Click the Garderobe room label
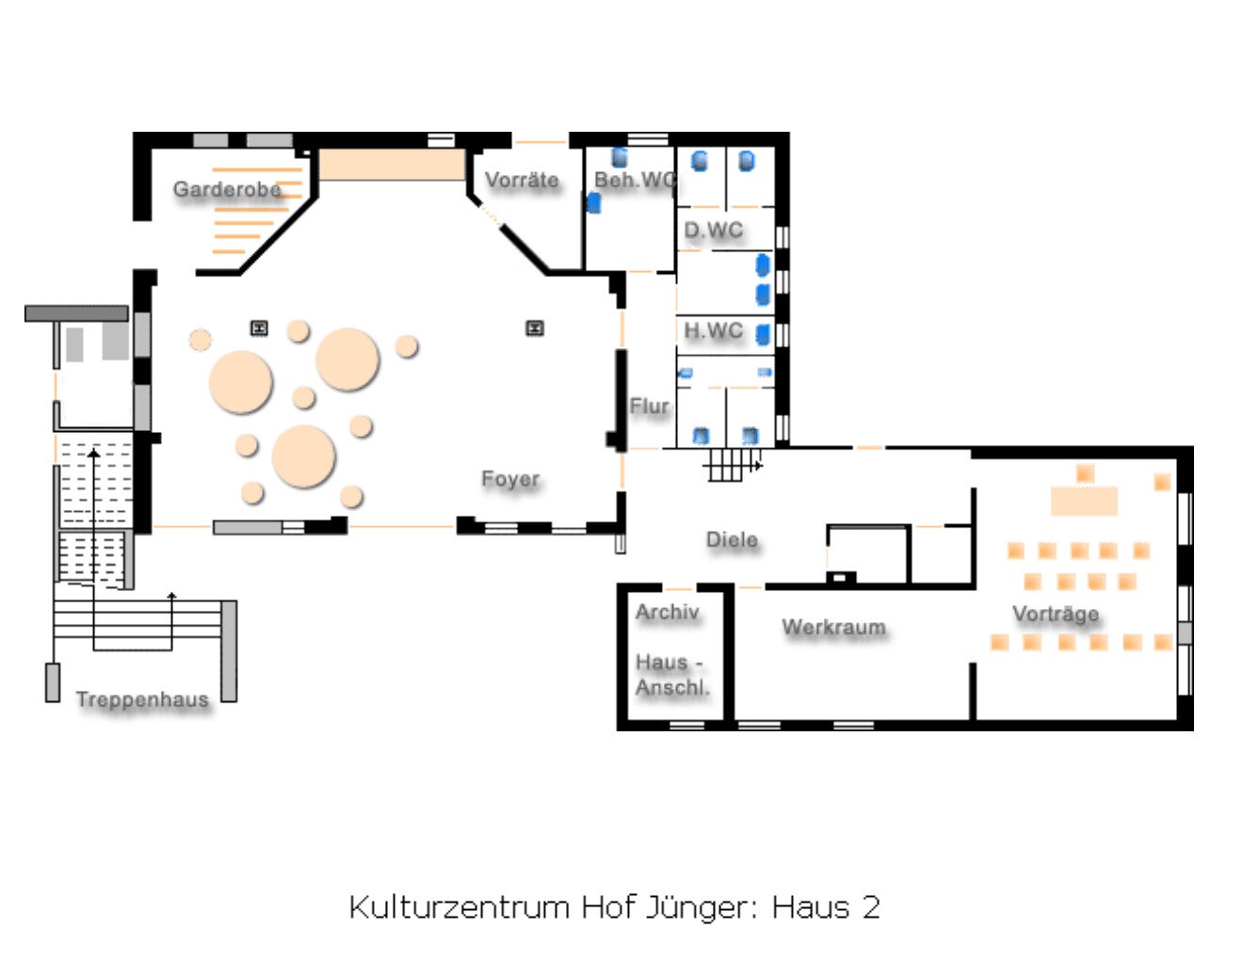pyautogui.click(x=227, y=189)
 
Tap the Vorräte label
pyautogui.click(x=522, y=180)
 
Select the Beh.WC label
pyautogui.click(x=635, y=180)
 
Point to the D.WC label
pyautogui.click(x=713, y=230)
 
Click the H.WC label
pyautogui.click(x=713, y=330)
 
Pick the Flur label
pyautogui.click(x=649, y=406)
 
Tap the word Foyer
pyautogui.click(x=510, y=479)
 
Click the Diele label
pyautogui.click(x=732, y=539)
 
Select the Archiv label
pyautogui.click(x=667, y=612)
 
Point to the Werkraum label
pyautogui.click(x=833, y=627)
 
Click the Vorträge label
pyautogui.click(x=1056, y=614)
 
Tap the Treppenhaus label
pyautogui.click(x=142, y=699)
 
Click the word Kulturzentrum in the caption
pyautogui.click(x=460, y=907)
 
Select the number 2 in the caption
pyautogui.click(x=871, y=907)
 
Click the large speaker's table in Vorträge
pyautogui.click(x=1084, y=501)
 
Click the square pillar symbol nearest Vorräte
pyautogui.click(x=535, y=328)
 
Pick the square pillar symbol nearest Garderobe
pyautogui.click(x=259, y=328)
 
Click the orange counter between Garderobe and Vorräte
pyautogui.click(x=392, y=164)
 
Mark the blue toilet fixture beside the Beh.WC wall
pyautogui.click(x=594, y=201)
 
